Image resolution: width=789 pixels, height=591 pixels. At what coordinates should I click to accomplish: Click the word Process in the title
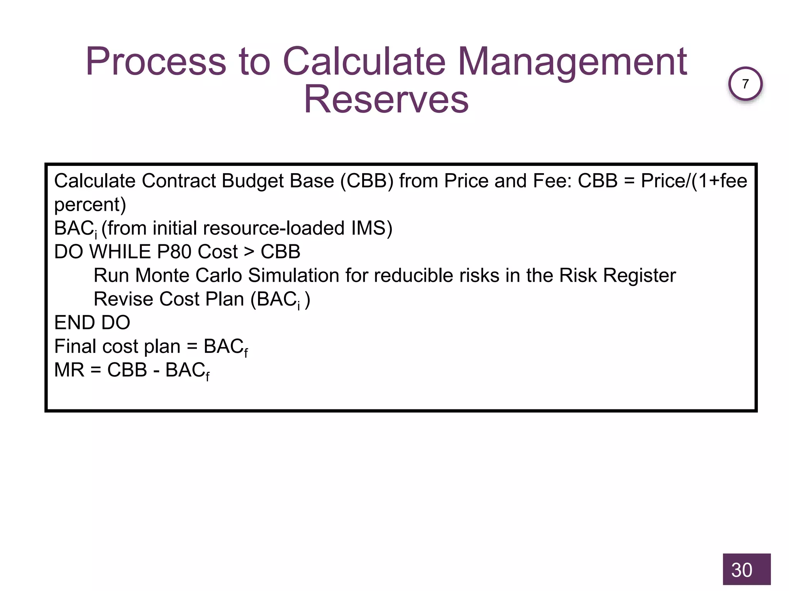[x=156, y=62]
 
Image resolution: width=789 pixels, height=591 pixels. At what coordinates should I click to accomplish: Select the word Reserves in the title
[x=386, y=100]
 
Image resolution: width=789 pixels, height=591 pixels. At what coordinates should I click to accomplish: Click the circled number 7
[x=745, y=83]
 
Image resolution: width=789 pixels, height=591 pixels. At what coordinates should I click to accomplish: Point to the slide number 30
[x=742, y=570]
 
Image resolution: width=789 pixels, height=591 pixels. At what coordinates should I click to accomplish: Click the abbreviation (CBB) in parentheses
[x=367, y=181]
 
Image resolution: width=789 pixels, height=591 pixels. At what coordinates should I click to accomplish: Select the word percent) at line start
[x=90, y=205]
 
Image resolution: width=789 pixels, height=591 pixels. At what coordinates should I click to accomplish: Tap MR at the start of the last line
[x=69, y=370]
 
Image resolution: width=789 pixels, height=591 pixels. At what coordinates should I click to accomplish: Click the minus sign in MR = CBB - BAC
[x=156, y=371]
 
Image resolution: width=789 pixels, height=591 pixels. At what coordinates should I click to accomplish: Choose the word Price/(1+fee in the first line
[x=694, y=181]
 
